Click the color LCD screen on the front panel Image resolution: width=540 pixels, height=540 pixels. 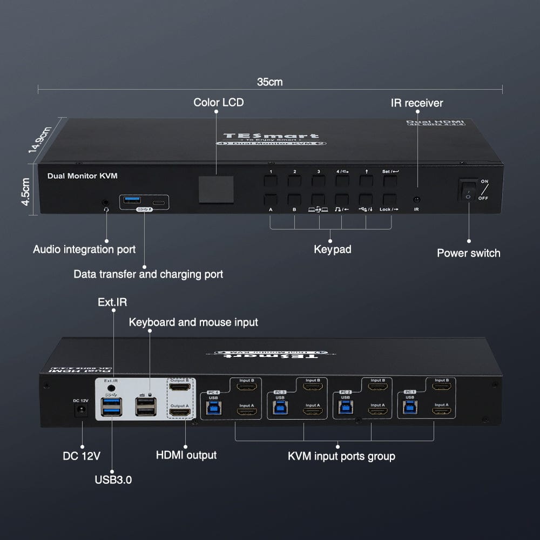tap(215, 189)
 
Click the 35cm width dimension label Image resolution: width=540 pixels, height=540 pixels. tap(269, 82)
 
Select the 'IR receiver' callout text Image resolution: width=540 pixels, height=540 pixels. tap(417, 103)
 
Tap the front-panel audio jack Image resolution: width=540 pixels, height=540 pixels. tap(105, 203)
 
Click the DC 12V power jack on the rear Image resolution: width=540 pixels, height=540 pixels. tap(82, 411)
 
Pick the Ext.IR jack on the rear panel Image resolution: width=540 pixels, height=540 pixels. tap(112, 387)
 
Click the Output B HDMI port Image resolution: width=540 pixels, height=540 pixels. tap(180, 387)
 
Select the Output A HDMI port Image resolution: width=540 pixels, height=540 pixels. tap(180, 413)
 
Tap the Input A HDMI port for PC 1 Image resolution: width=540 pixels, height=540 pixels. tap(441, 412)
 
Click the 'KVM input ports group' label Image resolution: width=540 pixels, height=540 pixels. tap(341, 456)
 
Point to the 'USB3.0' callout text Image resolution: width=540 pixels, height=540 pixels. tap(112, 479)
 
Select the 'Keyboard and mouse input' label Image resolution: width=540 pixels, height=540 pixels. tap(193, 322)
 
